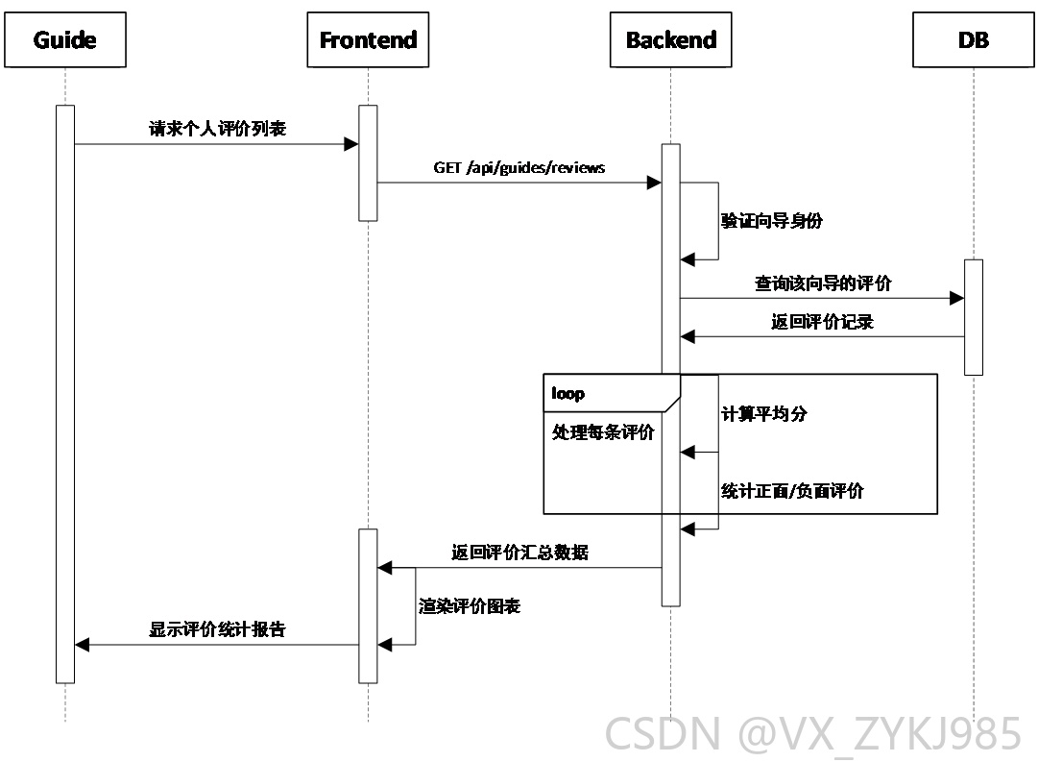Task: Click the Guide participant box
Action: [65, 39]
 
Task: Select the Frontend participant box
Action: [368, 39]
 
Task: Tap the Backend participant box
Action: [670, 39]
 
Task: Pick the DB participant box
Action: [973, 39]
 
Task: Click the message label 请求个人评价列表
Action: [217, 128]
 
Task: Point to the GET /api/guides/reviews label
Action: [519, 167]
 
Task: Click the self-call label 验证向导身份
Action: [771, 221]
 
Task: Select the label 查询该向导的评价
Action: [823, 283]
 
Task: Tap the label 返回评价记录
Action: [822, 322]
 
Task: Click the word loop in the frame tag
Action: [568, 394]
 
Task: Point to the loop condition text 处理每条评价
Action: [603, 432]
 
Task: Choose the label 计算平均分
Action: [764, 414]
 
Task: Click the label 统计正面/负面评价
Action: [792, 491]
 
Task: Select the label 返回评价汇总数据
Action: [519, 552]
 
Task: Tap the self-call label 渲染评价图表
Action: [470, 605]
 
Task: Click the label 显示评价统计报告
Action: [217, 628]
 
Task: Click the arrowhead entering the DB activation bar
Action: [956, 298]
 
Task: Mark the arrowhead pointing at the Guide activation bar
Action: [82, 645]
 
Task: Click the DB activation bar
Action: [973, 317]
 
